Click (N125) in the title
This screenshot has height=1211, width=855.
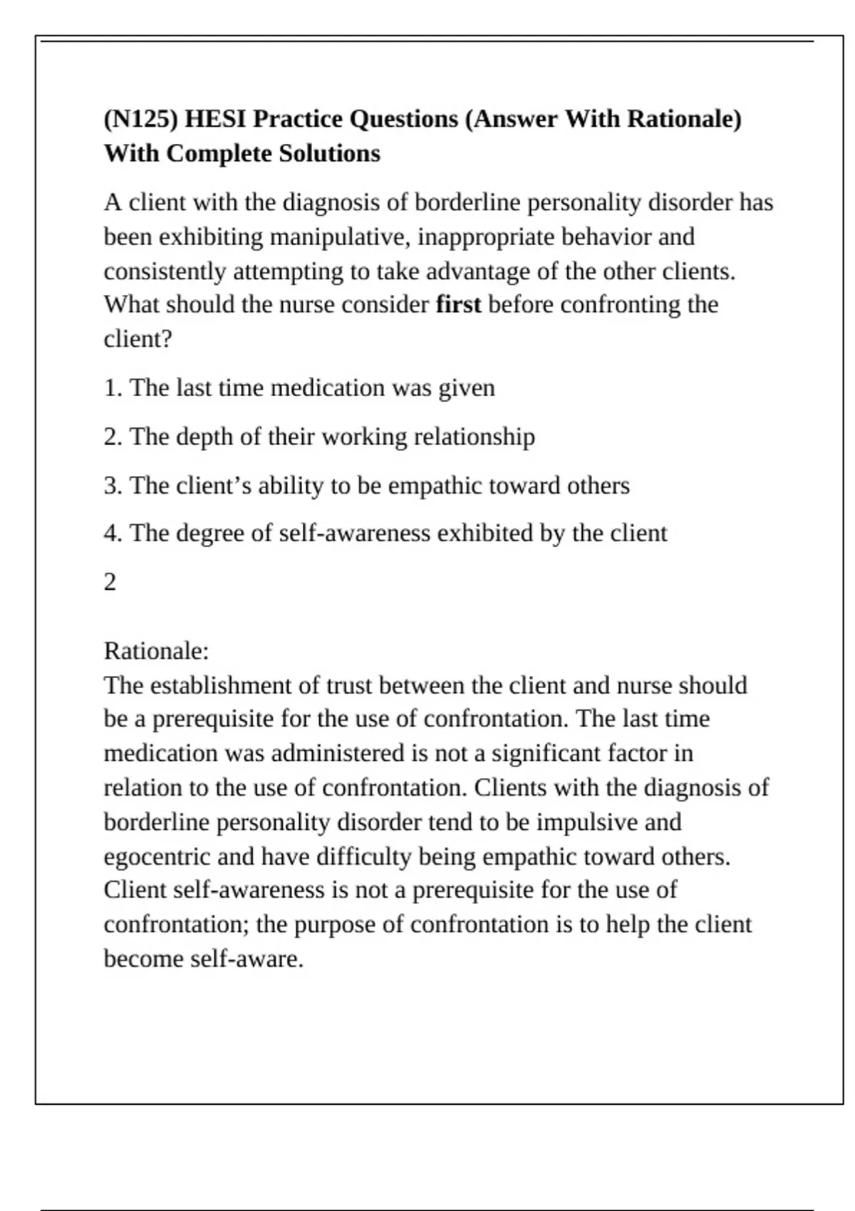(140, 119)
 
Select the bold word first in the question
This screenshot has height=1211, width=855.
(458, 305)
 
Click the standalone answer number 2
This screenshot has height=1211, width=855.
(110, 583)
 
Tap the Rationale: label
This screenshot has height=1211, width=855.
(156, 651)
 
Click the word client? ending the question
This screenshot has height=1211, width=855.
(138, 339)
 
